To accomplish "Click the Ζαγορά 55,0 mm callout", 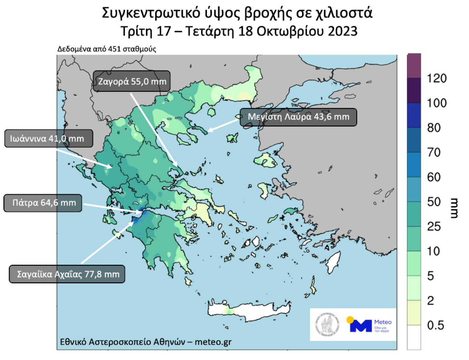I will (131, 81).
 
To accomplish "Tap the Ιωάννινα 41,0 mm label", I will (48, 139).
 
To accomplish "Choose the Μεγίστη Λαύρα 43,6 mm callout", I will (298, 117).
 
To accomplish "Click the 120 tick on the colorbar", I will (437, 78).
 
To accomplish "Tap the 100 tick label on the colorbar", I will (437, 103).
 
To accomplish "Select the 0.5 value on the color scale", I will (435, 325).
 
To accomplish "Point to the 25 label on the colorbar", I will (433, 226).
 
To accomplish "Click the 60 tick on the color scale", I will (433, 177).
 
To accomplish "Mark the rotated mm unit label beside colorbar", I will (455, 208).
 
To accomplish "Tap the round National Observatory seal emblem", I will (327, 325).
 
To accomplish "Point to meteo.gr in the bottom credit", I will (213, 342).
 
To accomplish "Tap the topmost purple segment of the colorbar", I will (414, 66).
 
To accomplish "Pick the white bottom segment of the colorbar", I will (414, 337).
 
